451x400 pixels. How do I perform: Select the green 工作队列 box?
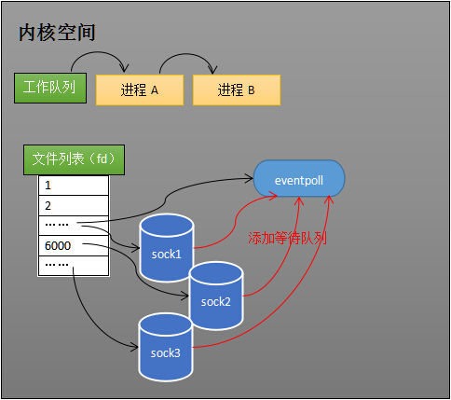[50, 88]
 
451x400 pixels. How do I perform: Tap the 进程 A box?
[140, 90]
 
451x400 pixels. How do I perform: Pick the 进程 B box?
[237, 90]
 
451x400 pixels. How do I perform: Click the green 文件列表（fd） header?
[74, 159]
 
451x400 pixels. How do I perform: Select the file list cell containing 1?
[74, 186]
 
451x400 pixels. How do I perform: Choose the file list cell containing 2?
[74, 206]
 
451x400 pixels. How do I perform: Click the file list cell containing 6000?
[74, 246]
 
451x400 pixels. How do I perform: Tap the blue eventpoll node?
[299, 178]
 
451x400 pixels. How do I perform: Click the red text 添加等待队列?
[287, 238]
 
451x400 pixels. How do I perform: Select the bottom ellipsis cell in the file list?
[74, 267]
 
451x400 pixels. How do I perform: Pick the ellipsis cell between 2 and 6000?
[74, 226]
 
